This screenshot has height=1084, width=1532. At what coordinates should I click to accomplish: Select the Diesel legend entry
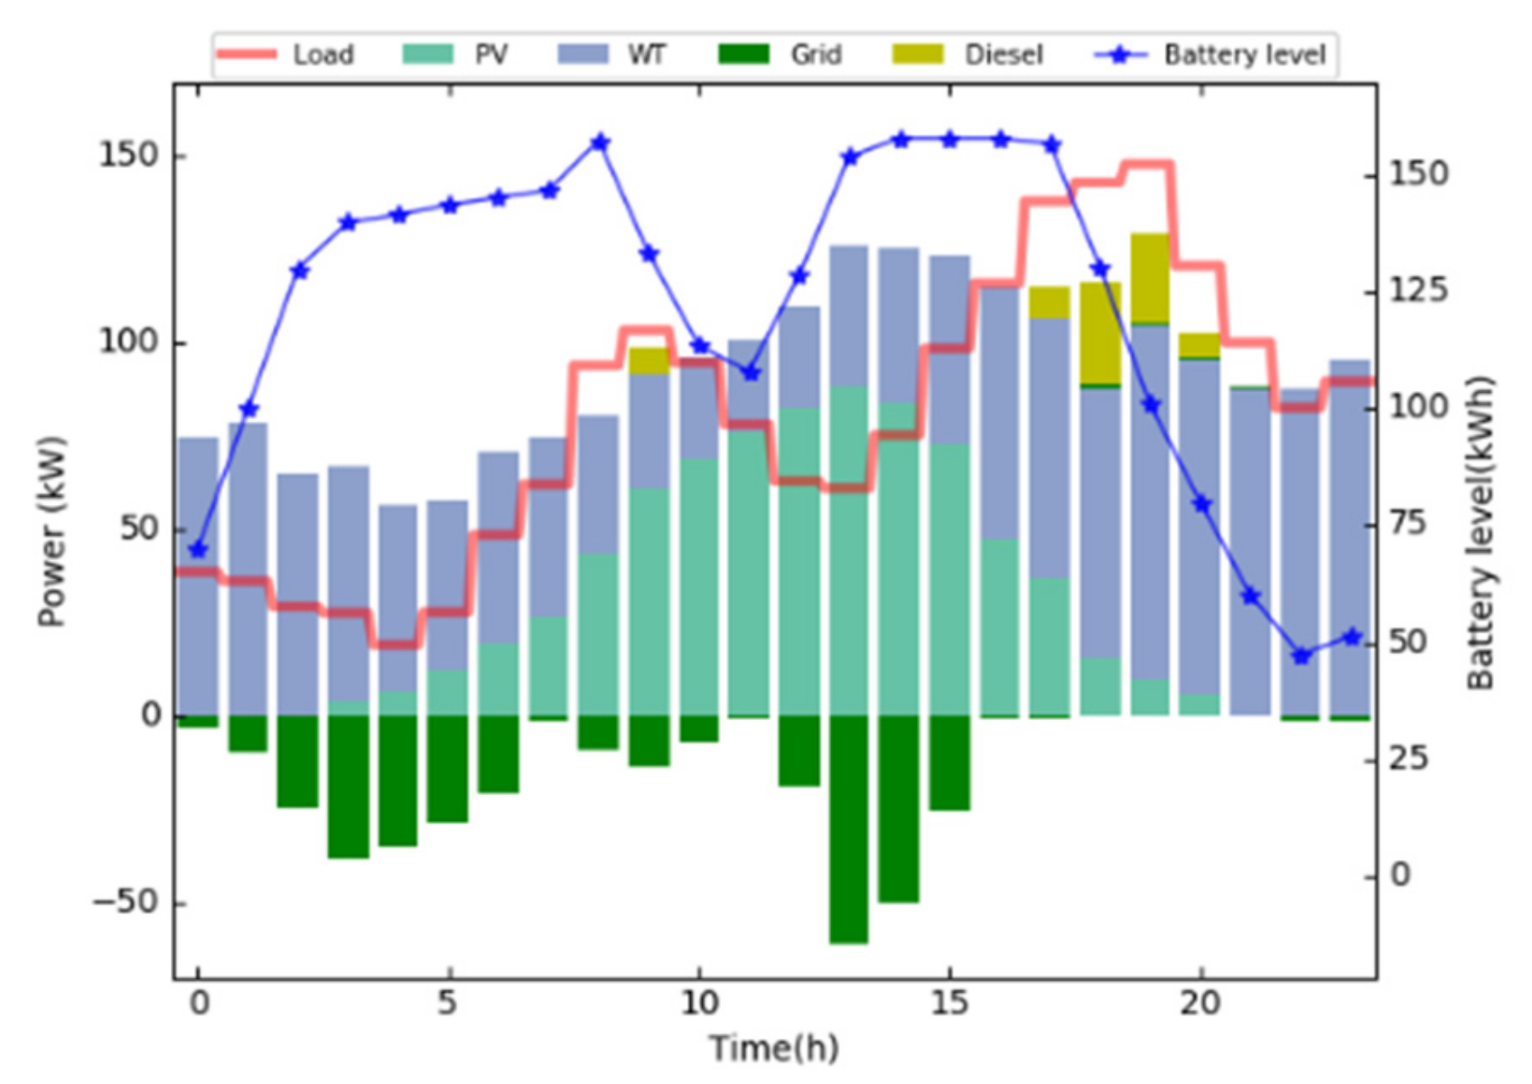[x=967, y=55]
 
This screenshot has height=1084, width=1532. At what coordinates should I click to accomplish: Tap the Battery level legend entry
[x=1210, y=55]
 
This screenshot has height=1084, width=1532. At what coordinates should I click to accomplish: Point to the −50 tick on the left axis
[x=124, y=902]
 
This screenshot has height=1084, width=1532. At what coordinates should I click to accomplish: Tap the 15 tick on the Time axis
[x=948, y=1003]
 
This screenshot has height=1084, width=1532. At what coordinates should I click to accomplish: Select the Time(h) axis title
[x=774, y=1049]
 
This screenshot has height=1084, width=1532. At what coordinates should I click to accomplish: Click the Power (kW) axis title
[x=51, y=531]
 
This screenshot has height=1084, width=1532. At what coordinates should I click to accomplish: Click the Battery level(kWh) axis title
[x=1480, y=533]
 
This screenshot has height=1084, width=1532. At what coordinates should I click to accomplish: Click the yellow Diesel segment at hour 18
[x=1100, y=333]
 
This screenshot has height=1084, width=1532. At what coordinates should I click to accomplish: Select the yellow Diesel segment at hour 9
[x=649, y=360]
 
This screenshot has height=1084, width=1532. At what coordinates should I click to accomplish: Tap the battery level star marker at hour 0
[x=199, y=549]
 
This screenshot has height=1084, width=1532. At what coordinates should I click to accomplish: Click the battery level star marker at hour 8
[x=600, y=143]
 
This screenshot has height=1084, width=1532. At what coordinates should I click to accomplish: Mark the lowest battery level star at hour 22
[x=1301, y=656]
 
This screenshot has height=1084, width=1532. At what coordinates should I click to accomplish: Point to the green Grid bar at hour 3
[x=349, y=786]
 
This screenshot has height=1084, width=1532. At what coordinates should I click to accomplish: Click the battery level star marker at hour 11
[x=751, y=372]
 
